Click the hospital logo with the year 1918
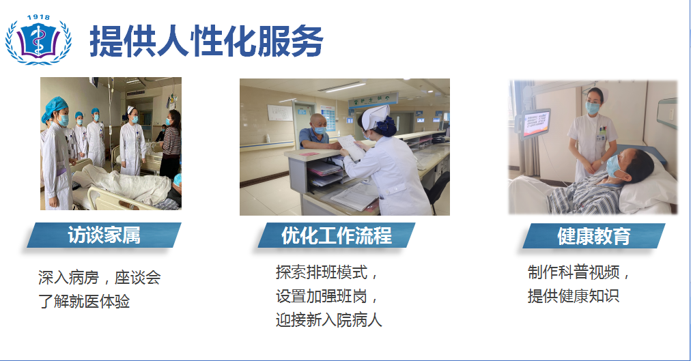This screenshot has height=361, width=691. point(38,40)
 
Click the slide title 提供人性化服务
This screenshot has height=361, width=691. point(207,41)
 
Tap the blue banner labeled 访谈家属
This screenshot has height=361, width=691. point(104,235)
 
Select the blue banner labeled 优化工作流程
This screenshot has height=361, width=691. point(336,235)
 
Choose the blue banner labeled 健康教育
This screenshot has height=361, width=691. point(593,236)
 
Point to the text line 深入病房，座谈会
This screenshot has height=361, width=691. point(100,277)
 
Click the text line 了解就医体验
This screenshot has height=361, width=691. point(84,302)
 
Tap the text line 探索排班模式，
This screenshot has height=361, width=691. point(327,272)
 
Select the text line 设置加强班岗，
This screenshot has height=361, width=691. point(327,296)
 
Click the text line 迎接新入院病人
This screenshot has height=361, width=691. point(328,319)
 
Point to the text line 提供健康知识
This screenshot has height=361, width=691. point(574,296)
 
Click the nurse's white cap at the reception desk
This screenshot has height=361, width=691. point(375,116)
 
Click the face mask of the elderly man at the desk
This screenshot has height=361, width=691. point(320,130)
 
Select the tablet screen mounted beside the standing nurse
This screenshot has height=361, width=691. point(536,123)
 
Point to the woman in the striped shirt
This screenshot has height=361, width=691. point(171,144)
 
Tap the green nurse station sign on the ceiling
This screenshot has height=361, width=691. point(373,99)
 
